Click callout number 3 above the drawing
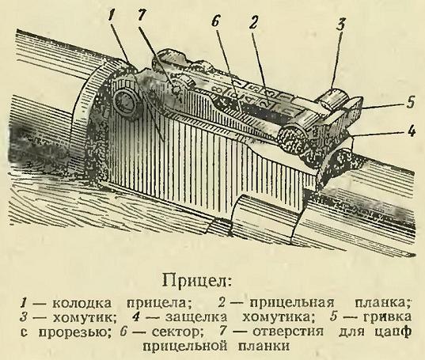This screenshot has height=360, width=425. pos(340,25)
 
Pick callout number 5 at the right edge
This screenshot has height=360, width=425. pos(410,103)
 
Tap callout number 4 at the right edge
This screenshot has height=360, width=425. pos(412,131)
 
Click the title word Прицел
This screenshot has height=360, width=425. pos(197,281)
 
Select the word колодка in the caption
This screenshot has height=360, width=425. pos(82,302)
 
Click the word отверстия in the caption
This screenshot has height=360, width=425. pos(287,332)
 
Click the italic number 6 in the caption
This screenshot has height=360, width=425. pos(123,332)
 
